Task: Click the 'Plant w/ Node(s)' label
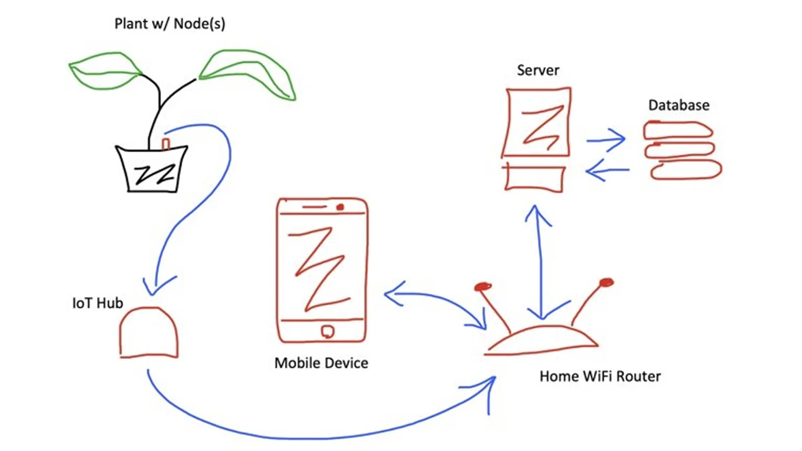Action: coord(170,24)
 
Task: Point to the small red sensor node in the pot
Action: coord(166,144)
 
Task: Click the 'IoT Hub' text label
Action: coord(97,304)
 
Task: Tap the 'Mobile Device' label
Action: coord(321,363)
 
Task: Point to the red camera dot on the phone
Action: coord(340,207)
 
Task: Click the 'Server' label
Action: coord(538,70)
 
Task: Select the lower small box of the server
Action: coord(534,178)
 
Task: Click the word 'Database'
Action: coord(679,105)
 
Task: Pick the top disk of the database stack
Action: coord(679,130)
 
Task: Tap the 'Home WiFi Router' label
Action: coord(600,376)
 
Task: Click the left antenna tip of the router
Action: coord(482,288)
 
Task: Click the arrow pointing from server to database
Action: coord(607,140)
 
